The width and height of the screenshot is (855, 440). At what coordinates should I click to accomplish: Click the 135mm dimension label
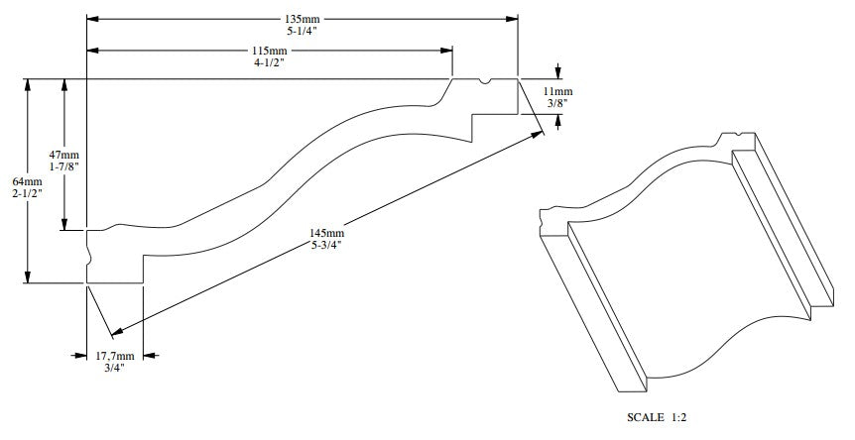click(x=302, y=20)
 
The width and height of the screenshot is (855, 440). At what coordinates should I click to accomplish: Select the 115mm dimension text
click(x=269, y=51)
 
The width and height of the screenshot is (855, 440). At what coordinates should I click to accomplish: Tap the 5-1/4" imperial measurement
click(x=302, y=31)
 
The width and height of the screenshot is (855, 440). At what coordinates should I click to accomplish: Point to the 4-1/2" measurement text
click(x=269, y=62)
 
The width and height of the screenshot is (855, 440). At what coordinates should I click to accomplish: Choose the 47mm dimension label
click(x=63, y=156)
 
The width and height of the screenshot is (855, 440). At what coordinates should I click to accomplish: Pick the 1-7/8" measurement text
click(x=63, y=166)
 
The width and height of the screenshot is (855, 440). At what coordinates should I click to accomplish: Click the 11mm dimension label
click(x=557, y=91)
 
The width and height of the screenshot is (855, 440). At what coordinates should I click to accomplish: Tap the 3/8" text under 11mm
click(x=557, y=103)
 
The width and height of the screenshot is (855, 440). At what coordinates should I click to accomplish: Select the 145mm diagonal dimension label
click(x=326, y=233)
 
